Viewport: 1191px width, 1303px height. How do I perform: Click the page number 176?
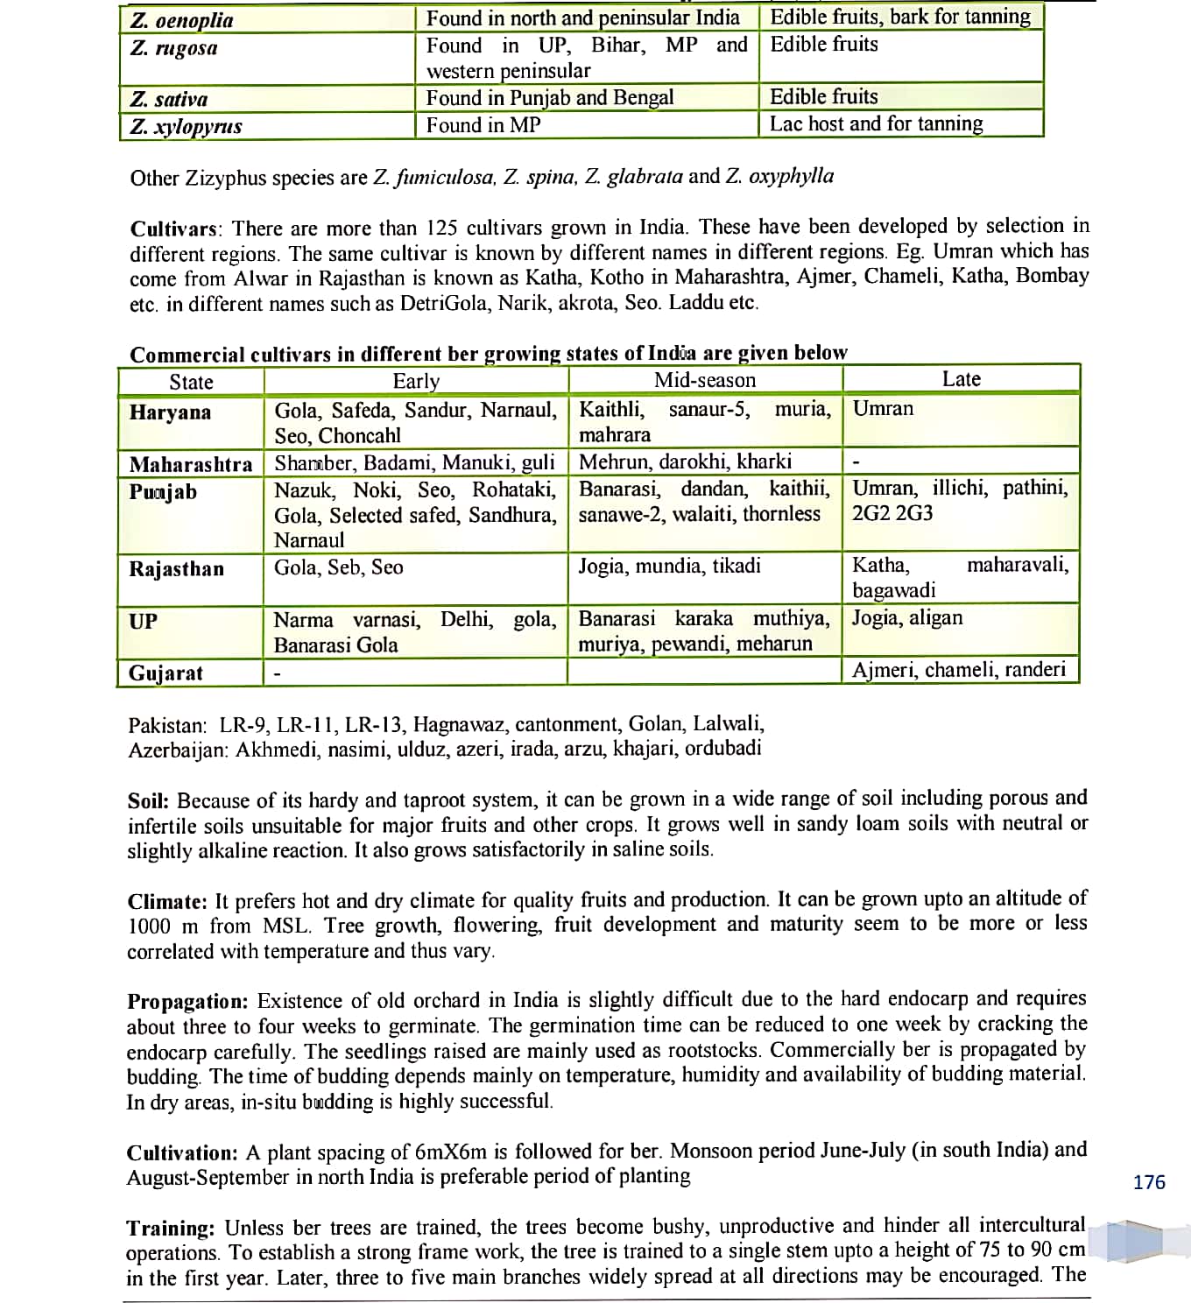[1149, 1182]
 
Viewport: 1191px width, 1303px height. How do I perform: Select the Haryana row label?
[170, 412]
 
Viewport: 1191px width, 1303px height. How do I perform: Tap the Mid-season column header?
[705, 380]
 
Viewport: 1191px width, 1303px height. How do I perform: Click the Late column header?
[961, 379]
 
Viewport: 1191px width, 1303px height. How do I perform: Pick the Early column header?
[416, 381]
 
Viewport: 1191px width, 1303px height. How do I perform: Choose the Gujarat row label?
[166, 673]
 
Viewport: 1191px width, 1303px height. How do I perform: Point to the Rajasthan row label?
[176, 569]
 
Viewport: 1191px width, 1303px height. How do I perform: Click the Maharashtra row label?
[191, 464]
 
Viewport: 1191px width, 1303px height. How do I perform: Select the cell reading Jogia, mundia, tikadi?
[669, 566]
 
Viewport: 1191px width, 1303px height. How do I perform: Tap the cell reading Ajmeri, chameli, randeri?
[959, 670]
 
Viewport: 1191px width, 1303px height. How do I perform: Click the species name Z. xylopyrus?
[186, 126]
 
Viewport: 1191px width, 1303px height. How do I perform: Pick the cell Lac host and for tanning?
[876, 123]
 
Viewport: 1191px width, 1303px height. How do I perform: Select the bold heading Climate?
[167, 902]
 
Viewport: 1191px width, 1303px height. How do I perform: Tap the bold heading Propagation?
[187, 1002]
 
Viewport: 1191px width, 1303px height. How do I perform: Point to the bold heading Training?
[171, 1228]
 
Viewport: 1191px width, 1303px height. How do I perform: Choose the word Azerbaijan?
[179, 750]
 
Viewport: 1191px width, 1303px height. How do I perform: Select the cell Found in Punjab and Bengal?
[550, 98]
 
